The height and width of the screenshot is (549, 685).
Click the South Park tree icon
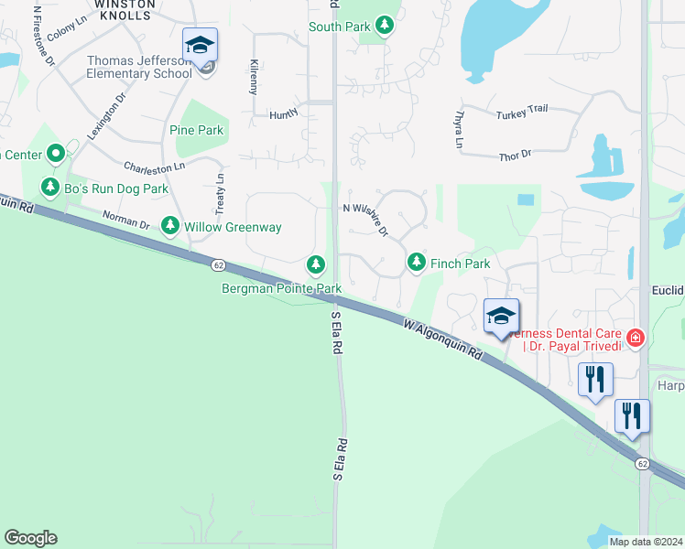coord(386,27)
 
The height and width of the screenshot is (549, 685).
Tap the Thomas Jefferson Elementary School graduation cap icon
coord(200,44)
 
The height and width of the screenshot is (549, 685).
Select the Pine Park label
coord(197,130)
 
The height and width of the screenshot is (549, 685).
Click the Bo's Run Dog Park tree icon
coord(49,188)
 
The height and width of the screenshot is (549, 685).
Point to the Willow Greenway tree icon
coord(169,225)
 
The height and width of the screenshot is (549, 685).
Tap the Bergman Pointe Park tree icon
coord(316,265)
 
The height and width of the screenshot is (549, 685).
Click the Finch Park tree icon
coord(417,263)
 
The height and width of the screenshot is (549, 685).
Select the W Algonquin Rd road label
coord(442,339)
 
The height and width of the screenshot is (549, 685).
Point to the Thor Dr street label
coord(515,156)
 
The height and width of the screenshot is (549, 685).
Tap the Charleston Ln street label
coord(154,167)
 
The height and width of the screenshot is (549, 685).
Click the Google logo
coord(30,538)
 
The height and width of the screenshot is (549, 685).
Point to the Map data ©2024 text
coord(646,542)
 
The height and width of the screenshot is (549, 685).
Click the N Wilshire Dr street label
coord(366,220)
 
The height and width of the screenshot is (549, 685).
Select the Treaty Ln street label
coord(220,191)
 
